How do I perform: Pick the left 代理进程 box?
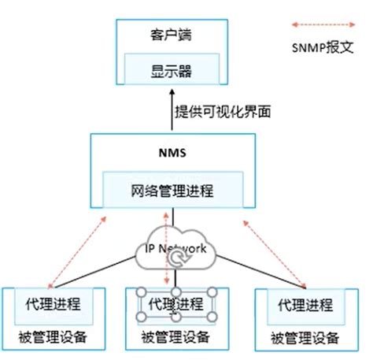tap(53, 303)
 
